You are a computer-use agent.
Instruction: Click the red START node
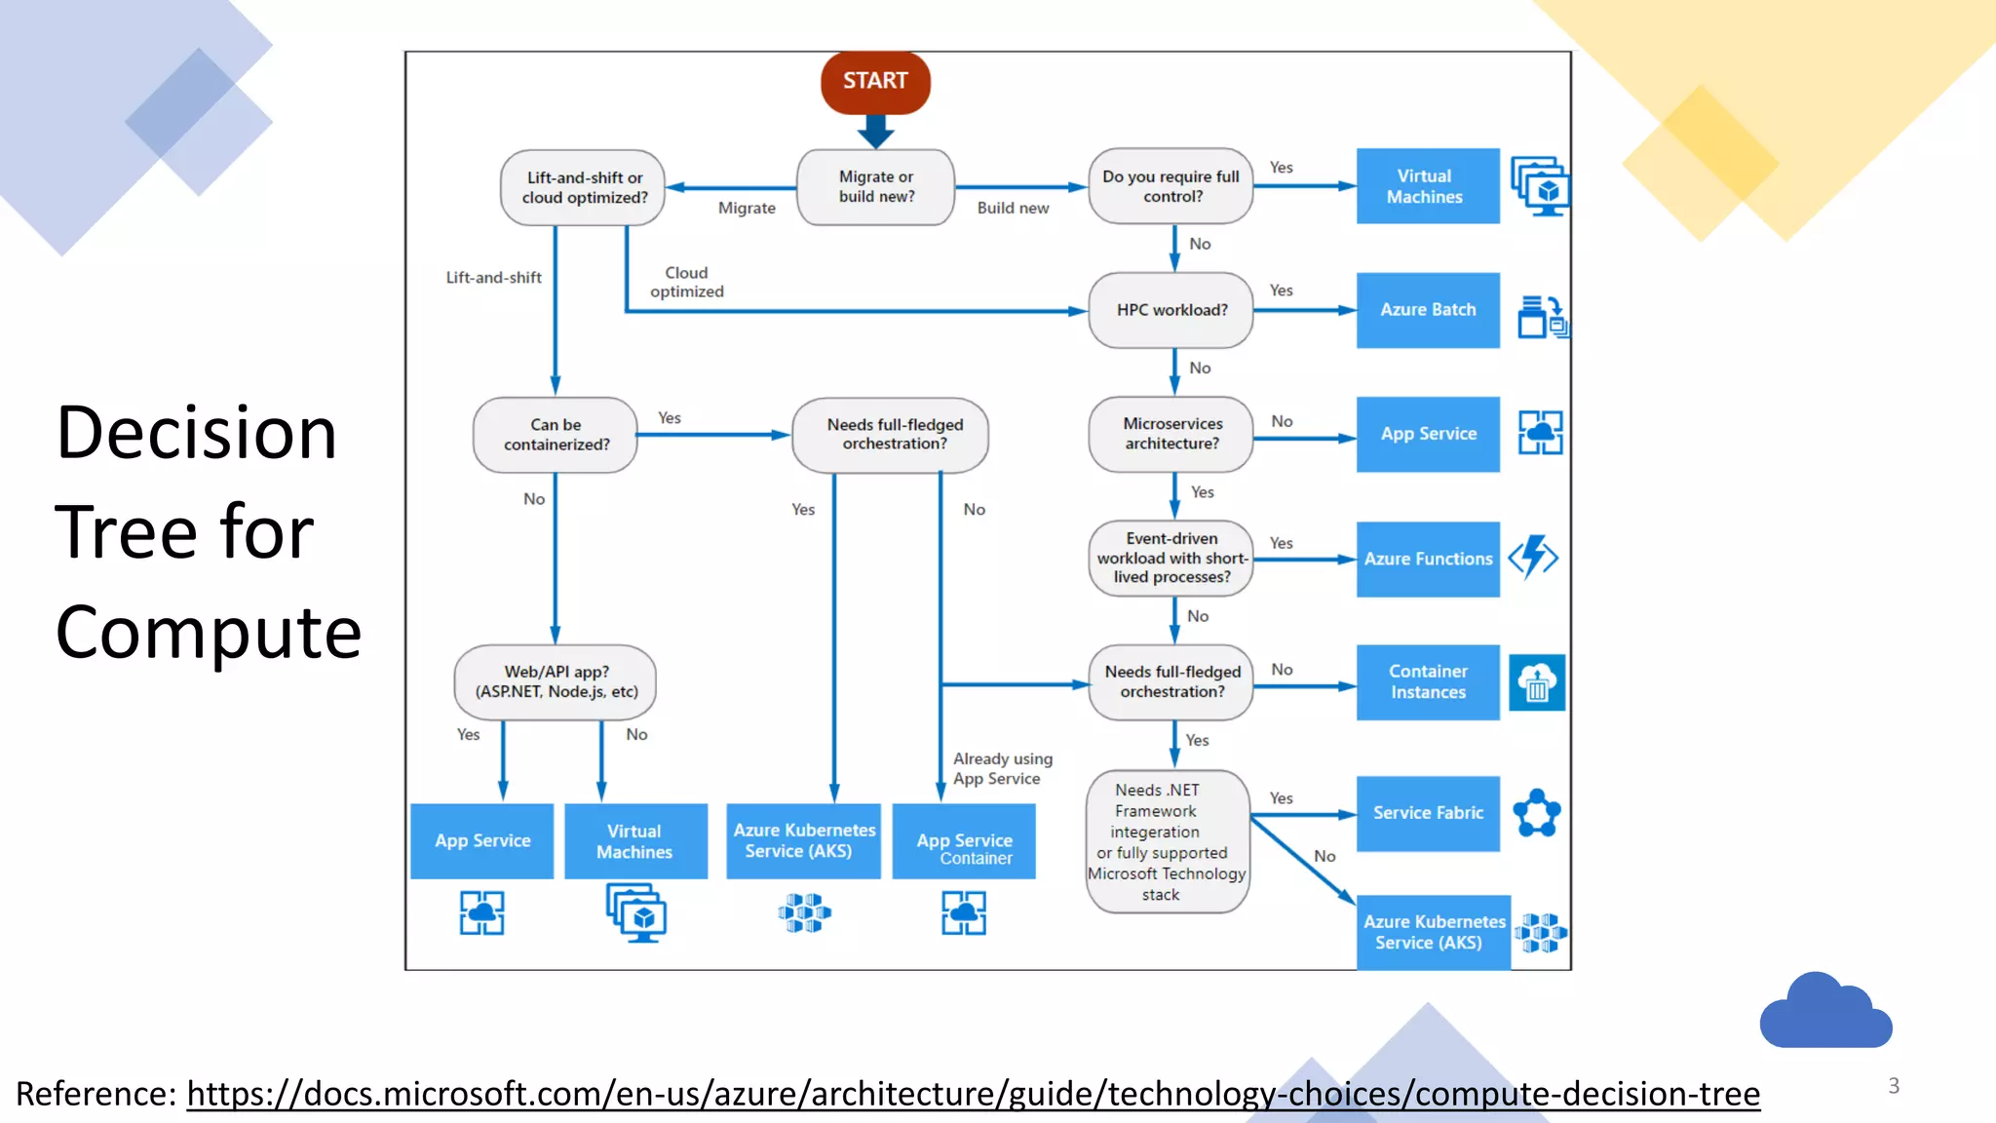coord(875,82)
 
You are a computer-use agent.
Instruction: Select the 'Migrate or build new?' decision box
coord(876,187)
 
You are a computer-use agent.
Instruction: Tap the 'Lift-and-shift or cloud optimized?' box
coord(584,188)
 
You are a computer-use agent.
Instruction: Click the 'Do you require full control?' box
coord(1171,186)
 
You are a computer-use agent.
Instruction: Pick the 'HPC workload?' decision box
coord(1171,310)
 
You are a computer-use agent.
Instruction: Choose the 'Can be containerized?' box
coord(556,435)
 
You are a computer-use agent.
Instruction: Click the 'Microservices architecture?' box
coord(1171,434)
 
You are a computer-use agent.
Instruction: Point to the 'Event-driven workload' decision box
coord(1171,558)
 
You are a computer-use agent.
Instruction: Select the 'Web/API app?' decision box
coord(556,682)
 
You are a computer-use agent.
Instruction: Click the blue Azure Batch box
coord(1428,310)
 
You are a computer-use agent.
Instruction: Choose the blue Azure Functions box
coord(1428,559)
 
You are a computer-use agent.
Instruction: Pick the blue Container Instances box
coord(1428,682)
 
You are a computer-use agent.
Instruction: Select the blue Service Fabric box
coord(1428,813)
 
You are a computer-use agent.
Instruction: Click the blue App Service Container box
coord(964,842)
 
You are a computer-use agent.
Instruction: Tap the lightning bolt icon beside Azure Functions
coord(1533,558)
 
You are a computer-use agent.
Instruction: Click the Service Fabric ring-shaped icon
coord(1537,813)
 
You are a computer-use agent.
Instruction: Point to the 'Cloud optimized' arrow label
coord(687,283)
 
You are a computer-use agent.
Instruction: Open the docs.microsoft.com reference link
coord(973,1094)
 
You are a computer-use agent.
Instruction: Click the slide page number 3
coord(1894,1086)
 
